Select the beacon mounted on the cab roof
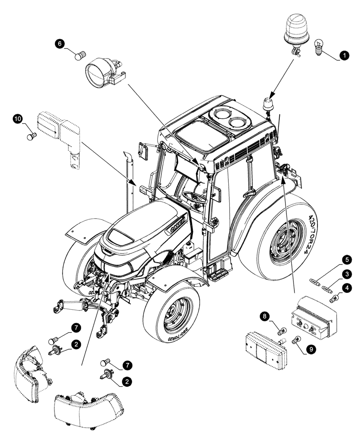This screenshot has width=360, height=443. coord(267,104)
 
